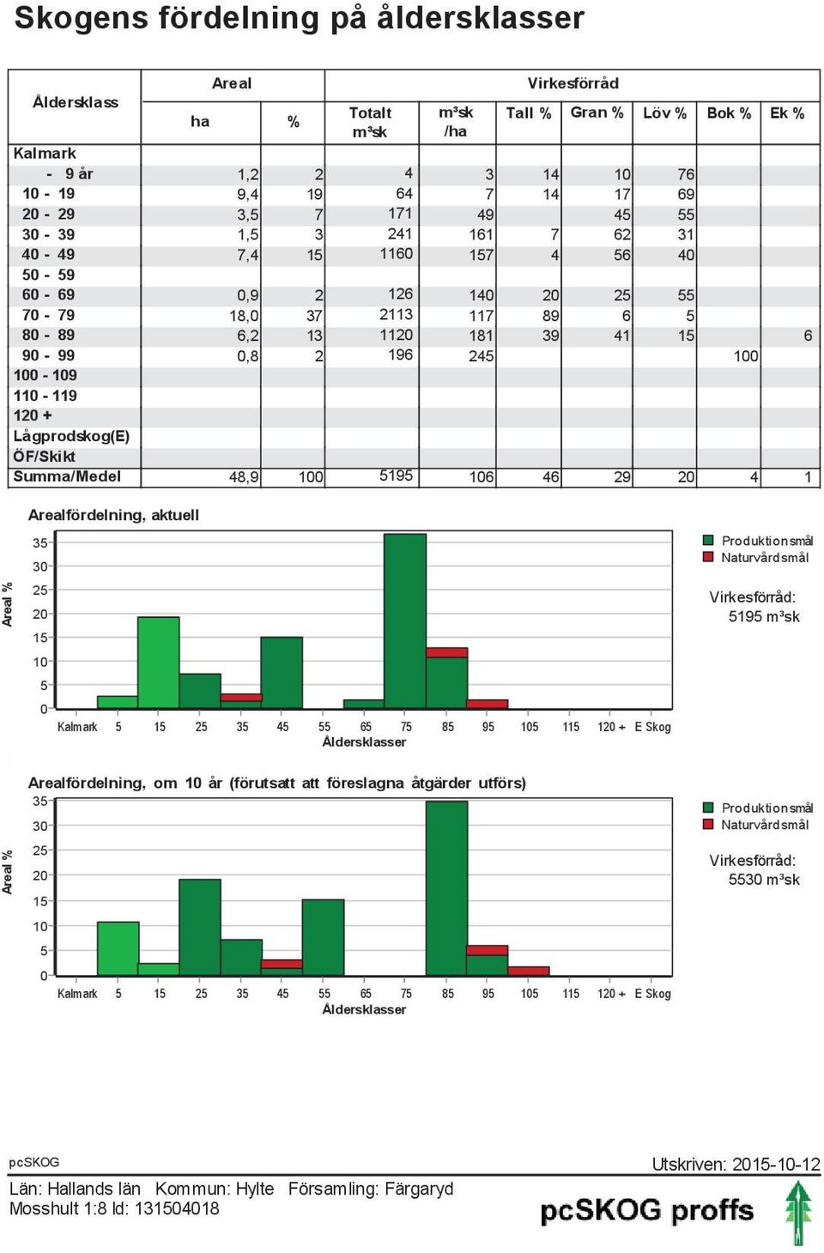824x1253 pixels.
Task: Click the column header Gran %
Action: point(597,113)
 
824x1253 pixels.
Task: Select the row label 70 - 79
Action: point(48,316)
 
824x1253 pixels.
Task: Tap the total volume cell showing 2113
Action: point(396,314)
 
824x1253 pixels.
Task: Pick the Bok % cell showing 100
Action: point(746,356)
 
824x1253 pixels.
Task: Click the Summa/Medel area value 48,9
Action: point(244,477)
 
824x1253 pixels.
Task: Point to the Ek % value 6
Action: point(808,336)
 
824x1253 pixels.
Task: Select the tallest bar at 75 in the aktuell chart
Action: point(405,621)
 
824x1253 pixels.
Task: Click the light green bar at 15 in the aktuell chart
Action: point(159,663)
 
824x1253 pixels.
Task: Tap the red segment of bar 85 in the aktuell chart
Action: point(447,652)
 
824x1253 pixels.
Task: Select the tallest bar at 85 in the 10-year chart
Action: point(446,888)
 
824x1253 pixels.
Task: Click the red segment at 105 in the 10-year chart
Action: point(529,972)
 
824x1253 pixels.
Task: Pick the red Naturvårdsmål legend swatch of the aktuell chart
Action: point(708,557)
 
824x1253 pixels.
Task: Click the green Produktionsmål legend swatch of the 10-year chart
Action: point(708,808)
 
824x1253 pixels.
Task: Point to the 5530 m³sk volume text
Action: point(764,880)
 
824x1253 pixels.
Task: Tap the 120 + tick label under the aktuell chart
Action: point(611,727)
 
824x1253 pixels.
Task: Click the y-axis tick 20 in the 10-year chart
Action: point(39,875)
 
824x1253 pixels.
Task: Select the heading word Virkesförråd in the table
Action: point(573,83)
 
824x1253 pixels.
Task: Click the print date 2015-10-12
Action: point(777,1164)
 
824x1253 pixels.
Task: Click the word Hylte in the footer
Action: point(255,1189)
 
